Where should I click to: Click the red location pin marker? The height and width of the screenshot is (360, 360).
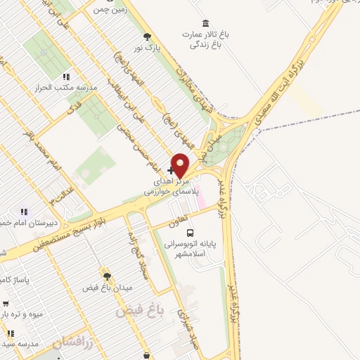click(x=181, y=165)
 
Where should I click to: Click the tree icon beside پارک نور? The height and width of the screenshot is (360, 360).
click(x=147, y=37)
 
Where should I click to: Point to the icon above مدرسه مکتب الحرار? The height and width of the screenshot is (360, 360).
click(x=66, y=77)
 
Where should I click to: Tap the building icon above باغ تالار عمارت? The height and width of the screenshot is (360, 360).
click(x=205, y=23)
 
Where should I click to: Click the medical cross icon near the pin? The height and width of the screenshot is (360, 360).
click(x=171, y=170)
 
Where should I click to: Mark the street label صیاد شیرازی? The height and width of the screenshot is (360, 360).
click(x=186, y=330)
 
